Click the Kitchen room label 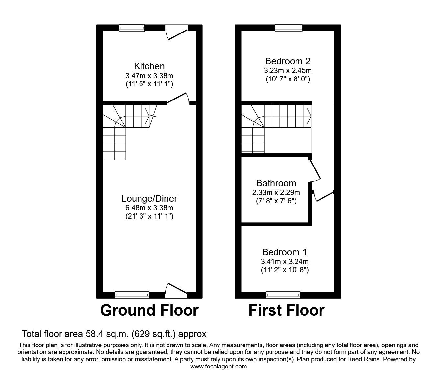[149, 66]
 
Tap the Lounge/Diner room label [149, 198]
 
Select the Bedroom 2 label [288, 61]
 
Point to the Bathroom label [276, 183]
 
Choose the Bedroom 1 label [284, 252]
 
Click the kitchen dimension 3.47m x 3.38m [149, 75]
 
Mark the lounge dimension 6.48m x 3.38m [149, 208]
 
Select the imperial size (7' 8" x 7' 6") [276, 201]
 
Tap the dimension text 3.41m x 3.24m [284, 261]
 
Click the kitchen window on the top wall [132, 28]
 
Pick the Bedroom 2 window [288, 28]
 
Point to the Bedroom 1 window [283, 295]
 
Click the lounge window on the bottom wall [132, 295]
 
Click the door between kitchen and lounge [178, 99]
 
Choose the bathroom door [315, 170]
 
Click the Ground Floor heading [149, 310]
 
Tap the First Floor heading [286, 310]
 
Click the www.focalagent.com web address [218, 367]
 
